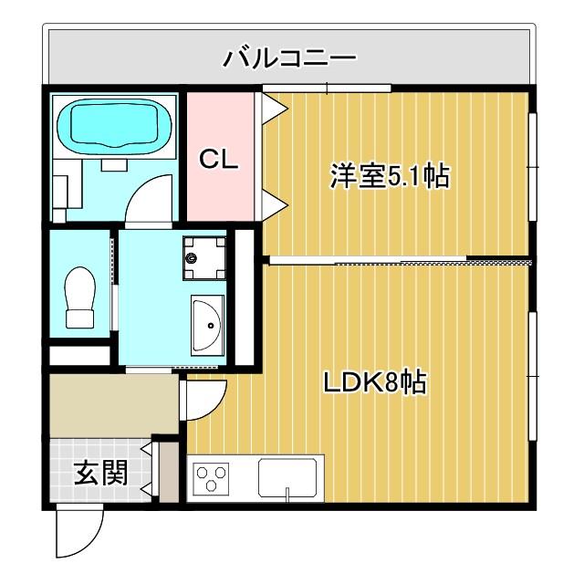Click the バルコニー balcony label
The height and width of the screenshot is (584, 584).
[290, 60]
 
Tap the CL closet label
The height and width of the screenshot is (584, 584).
[219, 161]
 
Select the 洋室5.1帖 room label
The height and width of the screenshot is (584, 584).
[390, 175]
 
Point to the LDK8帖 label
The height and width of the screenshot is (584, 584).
[375, 383]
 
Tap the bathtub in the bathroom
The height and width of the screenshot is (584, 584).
[115, 127]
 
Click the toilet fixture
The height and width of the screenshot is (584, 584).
[80, 297]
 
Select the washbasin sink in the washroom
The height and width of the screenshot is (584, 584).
[207, 325]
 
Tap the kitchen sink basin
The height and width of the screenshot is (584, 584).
[287, 476]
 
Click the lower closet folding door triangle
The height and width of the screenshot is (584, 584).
[274, 203]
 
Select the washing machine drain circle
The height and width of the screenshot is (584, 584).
[192, 258]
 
